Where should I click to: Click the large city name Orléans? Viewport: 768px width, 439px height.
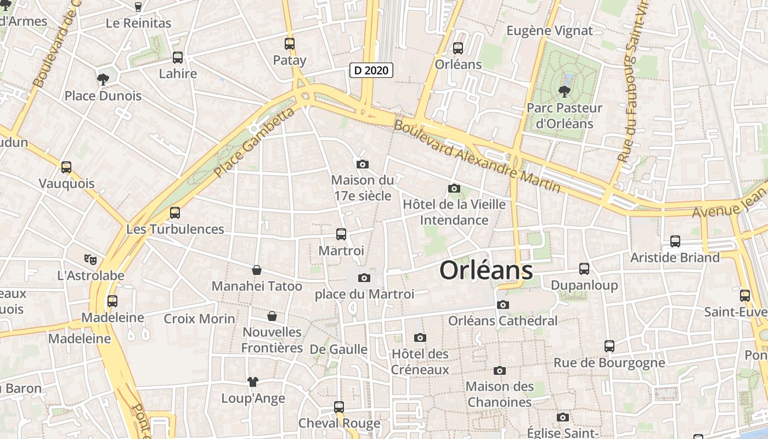tap(486, 270)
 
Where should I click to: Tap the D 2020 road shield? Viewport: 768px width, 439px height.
tap(371, 70)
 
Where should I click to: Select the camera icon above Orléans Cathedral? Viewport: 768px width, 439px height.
tap(502, 305)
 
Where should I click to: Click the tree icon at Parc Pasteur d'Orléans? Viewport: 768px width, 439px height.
tap(564, 92)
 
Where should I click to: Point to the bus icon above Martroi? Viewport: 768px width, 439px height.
tap(341, 234)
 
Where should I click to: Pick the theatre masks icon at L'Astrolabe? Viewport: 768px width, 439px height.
tap(91, 259)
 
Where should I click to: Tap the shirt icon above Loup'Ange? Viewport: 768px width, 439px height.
tap(252, 381)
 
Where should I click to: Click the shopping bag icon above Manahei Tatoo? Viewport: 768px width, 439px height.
tap(256, 270)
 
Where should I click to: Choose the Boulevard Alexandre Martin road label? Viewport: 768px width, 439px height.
tap(477, 156)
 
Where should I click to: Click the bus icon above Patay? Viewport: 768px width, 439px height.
tap(290, 44)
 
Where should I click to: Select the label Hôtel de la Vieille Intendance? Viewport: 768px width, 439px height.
tap(454, 212)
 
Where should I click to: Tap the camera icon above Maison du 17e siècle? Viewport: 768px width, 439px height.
tap(362, 164)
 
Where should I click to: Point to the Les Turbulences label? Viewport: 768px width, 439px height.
tap(176, 229)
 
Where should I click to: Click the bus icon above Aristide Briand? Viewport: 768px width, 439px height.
tap(675, 241)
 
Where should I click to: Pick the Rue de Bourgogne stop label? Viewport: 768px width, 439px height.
tap(609, 363)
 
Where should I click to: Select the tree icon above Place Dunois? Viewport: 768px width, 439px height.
tap(103, 79)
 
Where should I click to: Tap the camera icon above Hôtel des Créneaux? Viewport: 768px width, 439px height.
tap(420, 337)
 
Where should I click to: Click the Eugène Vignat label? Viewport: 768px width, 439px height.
tap(550, 31)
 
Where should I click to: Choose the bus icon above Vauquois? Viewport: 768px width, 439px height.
tap(66, 167)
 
